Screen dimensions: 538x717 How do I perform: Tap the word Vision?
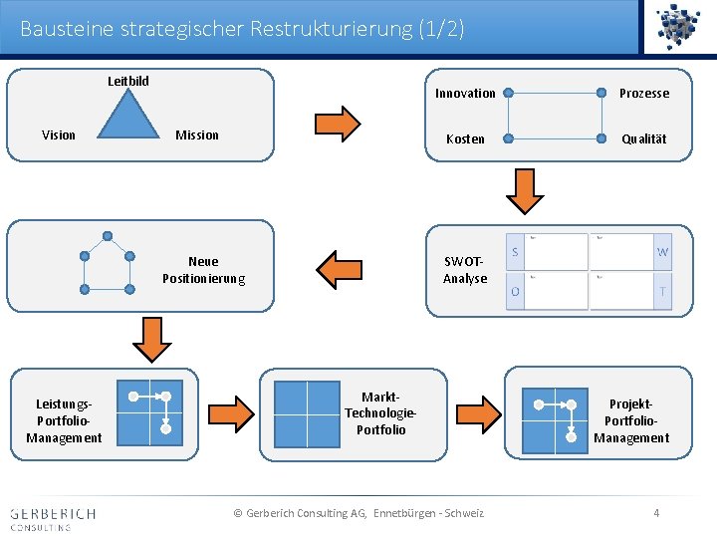pos(59,134)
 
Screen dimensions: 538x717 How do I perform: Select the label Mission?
pos(197,134)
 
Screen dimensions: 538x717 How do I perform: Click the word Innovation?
pos(465,93)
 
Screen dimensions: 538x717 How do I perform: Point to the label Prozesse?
pos(644,93)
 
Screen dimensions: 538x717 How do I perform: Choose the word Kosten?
pos(465,138)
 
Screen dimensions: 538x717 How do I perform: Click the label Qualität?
pos(644,138)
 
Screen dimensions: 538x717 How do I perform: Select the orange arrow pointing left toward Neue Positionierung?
pos(339,268)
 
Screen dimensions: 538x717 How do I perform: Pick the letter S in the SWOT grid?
pos(515,252)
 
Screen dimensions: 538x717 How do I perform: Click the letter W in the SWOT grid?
pos(662,252)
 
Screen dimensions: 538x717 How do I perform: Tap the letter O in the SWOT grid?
pos(515,291)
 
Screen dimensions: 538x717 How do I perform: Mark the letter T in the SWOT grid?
pos(662,291)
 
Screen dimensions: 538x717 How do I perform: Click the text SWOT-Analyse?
pos(465,270)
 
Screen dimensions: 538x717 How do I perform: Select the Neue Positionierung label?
pos(203,269)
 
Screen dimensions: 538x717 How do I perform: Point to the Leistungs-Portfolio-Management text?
pos(64,420)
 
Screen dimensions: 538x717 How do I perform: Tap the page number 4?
pos(656,513)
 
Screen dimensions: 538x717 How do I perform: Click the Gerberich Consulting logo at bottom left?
pos(53,518)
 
